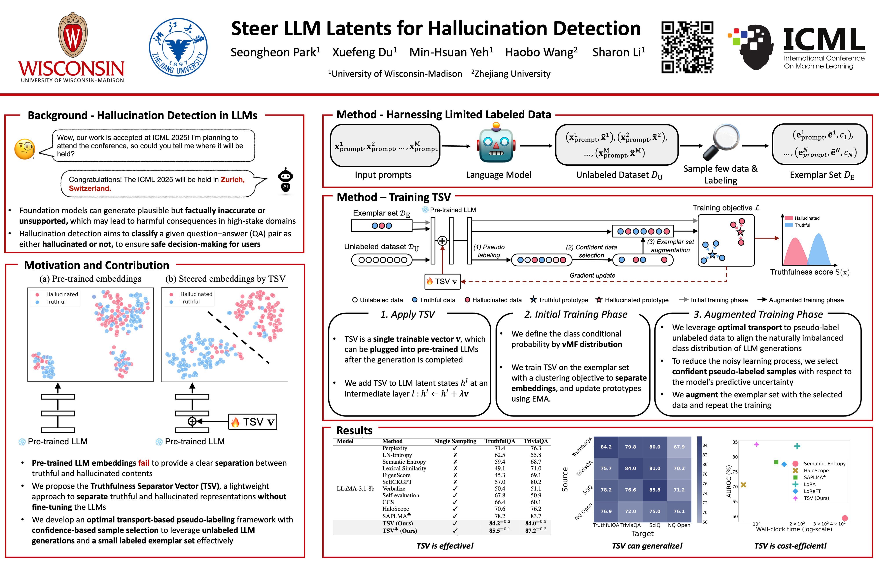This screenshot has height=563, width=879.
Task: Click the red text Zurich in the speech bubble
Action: (232, 179)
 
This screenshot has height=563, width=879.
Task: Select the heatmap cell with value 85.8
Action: (654, 489)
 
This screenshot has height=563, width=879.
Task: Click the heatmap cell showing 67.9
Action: (679, 447)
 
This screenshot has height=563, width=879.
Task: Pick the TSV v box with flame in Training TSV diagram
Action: (442, 281)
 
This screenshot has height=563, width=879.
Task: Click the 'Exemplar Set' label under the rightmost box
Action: (822, 175)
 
